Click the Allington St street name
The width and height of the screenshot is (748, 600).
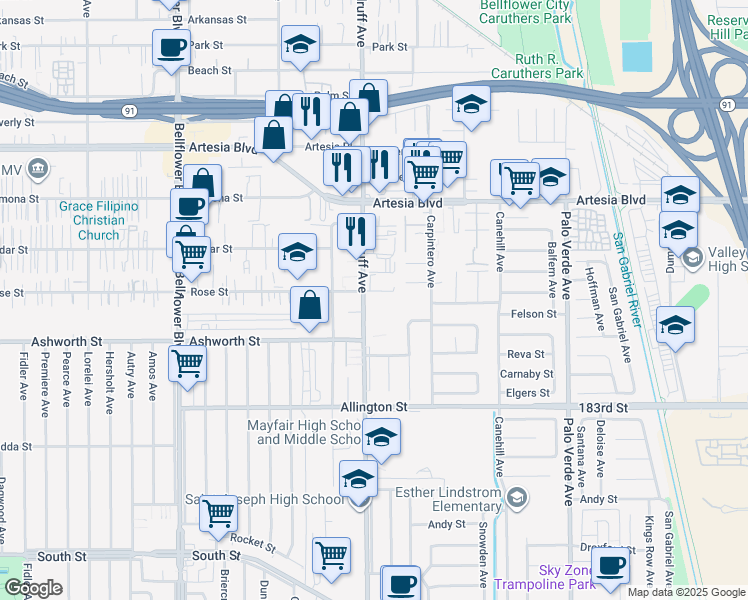[x=374, y=408]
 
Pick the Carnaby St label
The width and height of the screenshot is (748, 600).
[x=527, y=374]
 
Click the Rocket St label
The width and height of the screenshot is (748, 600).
[x=252, y=542]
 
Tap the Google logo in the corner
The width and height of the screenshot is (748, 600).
[x=33, y=588]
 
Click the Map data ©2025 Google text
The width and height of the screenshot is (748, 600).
[x=686, y=592]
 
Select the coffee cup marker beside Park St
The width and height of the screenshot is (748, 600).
[x=170, y=46]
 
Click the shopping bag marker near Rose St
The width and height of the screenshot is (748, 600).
[x=310, y=305]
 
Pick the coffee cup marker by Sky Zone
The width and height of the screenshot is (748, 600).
[x=610, y=564]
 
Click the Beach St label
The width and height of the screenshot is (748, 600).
[x=210, y=71]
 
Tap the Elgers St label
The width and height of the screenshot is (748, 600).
[x=529, y=393]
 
